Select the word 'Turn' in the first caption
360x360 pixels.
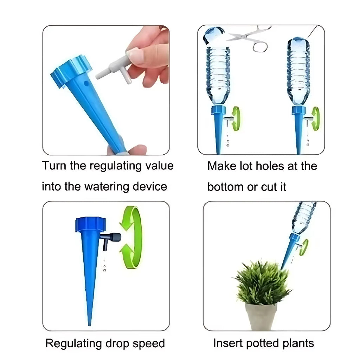click(54, 166)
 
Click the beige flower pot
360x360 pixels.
click(261, 316)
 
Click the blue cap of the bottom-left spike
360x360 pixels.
click(90, 224)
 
